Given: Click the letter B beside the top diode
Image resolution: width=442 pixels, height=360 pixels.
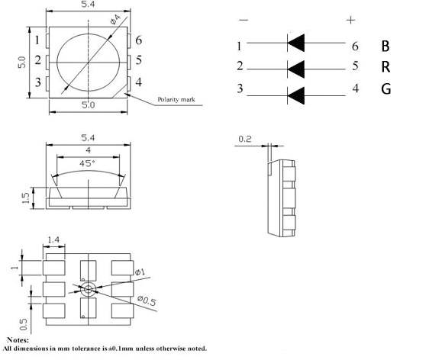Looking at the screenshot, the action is click(386, 47).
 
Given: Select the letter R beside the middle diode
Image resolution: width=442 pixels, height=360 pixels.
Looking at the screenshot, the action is click(386, 67).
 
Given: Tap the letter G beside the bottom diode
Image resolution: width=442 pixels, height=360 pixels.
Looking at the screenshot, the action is click(386, 88).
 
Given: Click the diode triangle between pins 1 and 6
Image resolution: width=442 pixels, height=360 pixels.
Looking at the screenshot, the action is click(296, 43).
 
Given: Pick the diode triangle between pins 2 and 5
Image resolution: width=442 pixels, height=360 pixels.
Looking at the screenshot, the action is click(296, 69).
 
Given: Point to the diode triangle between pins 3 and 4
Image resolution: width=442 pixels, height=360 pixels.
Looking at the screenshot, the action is click(296, 95).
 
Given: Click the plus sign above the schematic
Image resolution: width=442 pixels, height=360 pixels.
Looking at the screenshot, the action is click(350, 20).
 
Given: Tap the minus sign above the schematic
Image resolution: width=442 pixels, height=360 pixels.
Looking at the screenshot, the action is click(244, 20).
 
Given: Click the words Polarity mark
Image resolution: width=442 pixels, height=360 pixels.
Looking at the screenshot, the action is click(176, 99).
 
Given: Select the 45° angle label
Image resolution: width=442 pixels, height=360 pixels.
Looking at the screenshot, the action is click(87, 163).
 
